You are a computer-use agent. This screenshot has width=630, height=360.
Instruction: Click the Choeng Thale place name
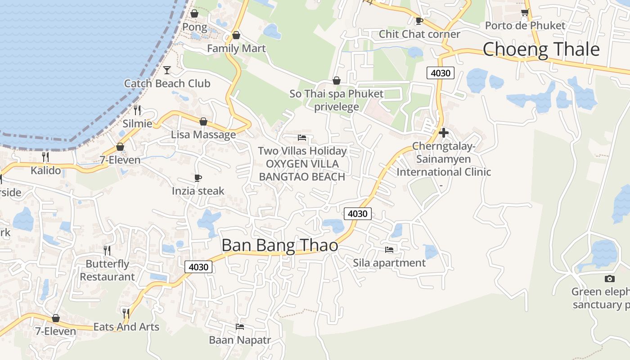(541, 49)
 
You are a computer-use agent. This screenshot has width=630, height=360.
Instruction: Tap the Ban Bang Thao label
(279, 245)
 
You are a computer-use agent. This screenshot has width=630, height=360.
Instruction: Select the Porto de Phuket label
(525, 25)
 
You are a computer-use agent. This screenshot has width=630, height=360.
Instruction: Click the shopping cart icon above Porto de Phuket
(525, 12)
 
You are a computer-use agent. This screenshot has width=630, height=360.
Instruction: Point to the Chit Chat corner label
(419, 34)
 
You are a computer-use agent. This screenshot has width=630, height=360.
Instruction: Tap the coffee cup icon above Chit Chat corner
(419, 21)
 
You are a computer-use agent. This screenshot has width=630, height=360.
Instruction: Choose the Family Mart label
(236, 48)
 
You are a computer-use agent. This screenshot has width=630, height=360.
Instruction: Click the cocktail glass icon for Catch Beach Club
(167, 70)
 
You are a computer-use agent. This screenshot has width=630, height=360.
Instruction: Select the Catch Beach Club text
(167, 83)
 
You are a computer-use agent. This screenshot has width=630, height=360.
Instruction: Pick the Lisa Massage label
(203, 135)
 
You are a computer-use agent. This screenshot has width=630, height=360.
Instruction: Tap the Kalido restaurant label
(45, 171)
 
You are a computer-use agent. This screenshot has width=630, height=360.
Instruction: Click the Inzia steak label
(198, 191)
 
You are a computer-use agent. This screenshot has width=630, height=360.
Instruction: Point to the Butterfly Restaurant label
(107, 270)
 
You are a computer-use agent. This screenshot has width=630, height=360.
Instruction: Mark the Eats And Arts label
(126, 327)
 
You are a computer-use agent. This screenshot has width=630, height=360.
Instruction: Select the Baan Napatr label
(240, 339)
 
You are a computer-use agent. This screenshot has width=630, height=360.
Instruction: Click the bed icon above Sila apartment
(389, 249)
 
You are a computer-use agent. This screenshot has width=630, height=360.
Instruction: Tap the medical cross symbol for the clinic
(444, 133)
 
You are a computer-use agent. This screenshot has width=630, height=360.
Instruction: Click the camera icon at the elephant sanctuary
(610, 279)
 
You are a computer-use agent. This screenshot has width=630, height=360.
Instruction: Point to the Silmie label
(137, 123)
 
